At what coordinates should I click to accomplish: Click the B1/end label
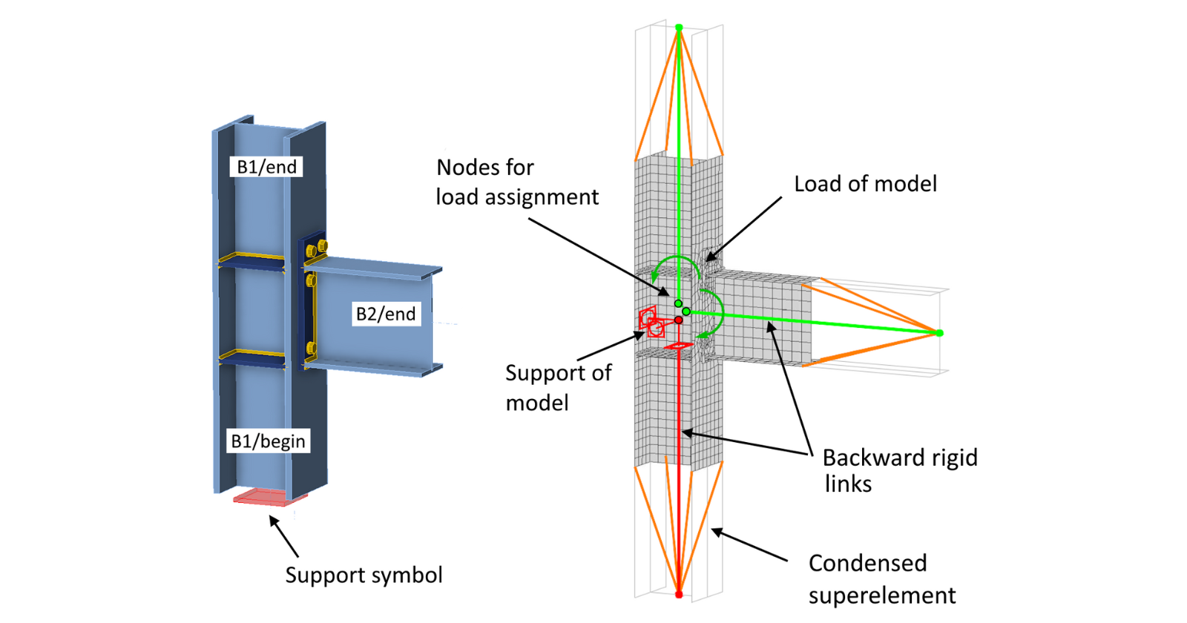coord(266,167)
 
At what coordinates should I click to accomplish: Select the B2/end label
coord(386,314)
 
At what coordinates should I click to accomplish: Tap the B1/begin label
coord(268,441)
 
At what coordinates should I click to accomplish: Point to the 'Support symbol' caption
coord(364,575)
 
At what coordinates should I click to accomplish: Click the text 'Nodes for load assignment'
coord(516,182)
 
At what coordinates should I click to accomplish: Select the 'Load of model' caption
coord(865,184)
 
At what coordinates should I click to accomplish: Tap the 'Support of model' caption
coord(558,387)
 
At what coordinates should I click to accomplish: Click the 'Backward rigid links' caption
coord(899,470)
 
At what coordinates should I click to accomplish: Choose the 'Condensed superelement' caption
coord(881,578)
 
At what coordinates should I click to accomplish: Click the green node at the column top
coord(679,28)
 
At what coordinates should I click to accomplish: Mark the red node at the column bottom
coord(679,594)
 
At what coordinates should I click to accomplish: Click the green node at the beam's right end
coord(939,333)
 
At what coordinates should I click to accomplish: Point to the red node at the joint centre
coord(678,320)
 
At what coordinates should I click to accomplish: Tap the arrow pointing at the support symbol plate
coord(284,536)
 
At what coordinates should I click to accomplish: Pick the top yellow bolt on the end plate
coord(322,246)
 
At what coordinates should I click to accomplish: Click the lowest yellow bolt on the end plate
coord(311,348)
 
